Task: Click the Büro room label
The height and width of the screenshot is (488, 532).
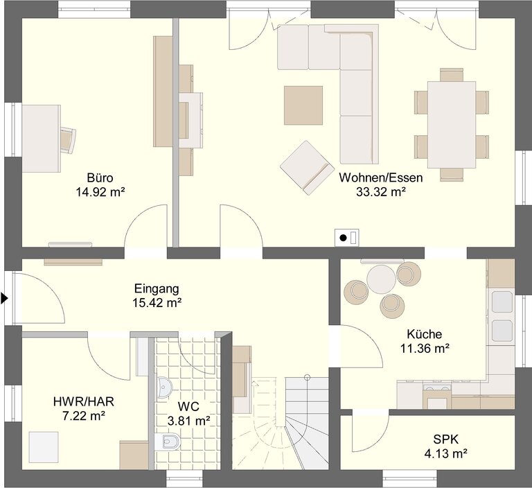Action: click(100, 177)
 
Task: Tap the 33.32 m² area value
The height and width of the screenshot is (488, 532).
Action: click(381, 192)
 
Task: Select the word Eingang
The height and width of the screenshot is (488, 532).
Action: click(157, 288)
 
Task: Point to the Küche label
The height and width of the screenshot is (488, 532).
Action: click(425, 334)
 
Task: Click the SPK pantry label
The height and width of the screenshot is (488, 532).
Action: click(446, 439)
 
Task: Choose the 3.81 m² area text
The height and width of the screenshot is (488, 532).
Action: click(188, 421)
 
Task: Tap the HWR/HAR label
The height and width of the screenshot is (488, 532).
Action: click(83, 402)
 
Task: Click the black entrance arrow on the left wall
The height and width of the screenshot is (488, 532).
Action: click(4, 299)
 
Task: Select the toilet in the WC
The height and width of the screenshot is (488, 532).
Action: click(168, 441)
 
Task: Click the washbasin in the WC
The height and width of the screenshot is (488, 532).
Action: click(165, 387)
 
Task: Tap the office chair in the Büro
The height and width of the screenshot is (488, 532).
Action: click(68, 139)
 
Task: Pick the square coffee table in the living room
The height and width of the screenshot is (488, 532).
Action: click(303, 105)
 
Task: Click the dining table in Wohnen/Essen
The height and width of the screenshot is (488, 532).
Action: click(452, 125)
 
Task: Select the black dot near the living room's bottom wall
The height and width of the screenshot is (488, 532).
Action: click(344, 238)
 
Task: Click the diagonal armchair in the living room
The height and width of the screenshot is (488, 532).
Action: click(307, 168)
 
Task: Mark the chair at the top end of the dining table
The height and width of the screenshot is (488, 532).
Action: click(452, 74)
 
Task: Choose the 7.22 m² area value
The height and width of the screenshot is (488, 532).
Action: click(83, 416)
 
